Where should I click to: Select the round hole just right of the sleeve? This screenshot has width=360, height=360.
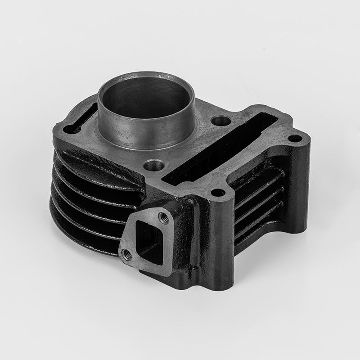pos(219,121)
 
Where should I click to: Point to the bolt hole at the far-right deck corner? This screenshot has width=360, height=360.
pos(294,138)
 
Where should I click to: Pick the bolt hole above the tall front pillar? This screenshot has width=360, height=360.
pos(218,193)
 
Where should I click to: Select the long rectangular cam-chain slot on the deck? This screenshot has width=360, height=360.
pos(220,151)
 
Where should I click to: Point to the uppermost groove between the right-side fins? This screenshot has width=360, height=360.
pos(256,184)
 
